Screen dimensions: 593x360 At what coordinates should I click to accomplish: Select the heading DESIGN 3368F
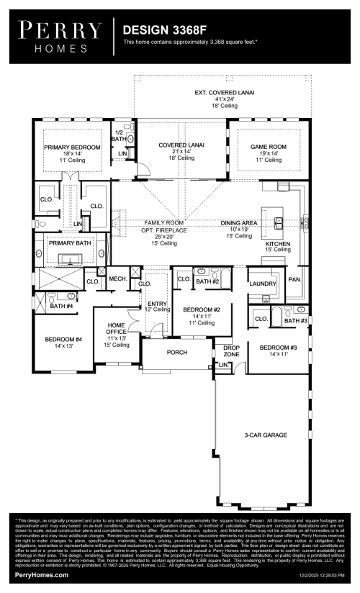point(158,31)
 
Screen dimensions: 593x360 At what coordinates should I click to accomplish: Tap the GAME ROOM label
point(268,147)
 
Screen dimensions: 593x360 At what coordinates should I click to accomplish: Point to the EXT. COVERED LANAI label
point(225,93)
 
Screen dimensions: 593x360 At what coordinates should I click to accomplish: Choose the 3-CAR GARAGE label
point(264,435)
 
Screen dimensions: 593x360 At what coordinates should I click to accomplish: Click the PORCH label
point(177,353)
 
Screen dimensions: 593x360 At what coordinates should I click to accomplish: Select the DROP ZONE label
point(230,352)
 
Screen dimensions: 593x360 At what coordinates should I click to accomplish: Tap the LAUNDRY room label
point(262,284)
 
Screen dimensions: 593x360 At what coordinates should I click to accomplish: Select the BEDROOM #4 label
point(63,338)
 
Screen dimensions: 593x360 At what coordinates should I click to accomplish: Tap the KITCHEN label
point(278,244)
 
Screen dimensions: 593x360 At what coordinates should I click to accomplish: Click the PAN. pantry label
point(294,279)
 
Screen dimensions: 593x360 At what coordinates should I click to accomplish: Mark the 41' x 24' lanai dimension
point(225,99)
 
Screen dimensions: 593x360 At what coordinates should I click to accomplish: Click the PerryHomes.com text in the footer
point(42,576)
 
